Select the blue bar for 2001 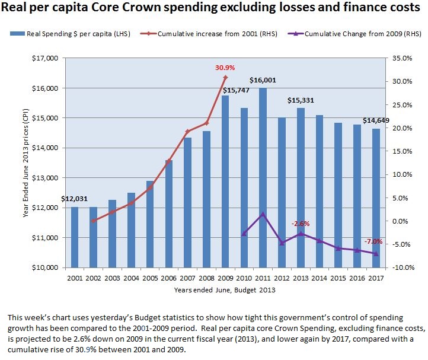coord(75,237)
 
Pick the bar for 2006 coord(169,214)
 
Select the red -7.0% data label coord(373,241)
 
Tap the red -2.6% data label coord(301,224)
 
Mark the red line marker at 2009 coord(225,78)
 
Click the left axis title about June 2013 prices coord(26,163)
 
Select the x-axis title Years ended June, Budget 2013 coord(225,290)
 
